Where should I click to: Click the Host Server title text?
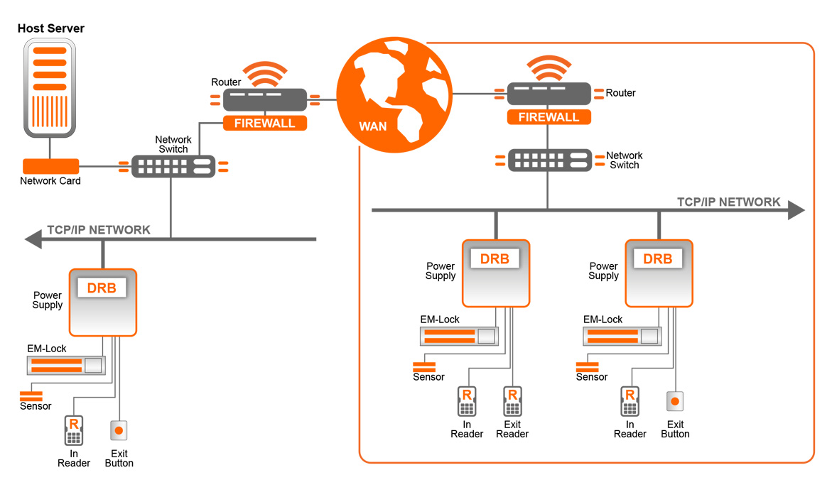coord(50,29)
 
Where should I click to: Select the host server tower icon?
coord(50,88)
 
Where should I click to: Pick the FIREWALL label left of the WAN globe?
coord(264,123)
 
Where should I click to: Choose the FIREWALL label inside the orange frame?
coord(549,117)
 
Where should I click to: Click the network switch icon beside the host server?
coord(173,167)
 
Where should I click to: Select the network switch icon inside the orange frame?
coord(549,160)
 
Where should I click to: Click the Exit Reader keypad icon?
coord(512,402)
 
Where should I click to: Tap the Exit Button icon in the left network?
coord(119,430)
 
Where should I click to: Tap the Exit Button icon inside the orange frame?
coord(675,401)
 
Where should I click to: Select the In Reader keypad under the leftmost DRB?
coord(73,430)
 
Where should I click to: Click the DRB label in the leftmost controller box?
coord(102,288)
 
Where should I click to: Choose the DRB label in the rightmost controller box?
coord(657,259)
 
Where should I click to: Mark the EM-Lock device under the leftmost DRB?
coord(65,366)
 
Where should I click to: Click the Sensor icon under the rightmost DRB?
coord(587,366)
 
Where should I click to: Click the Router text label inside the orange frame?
coord(620,93)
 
